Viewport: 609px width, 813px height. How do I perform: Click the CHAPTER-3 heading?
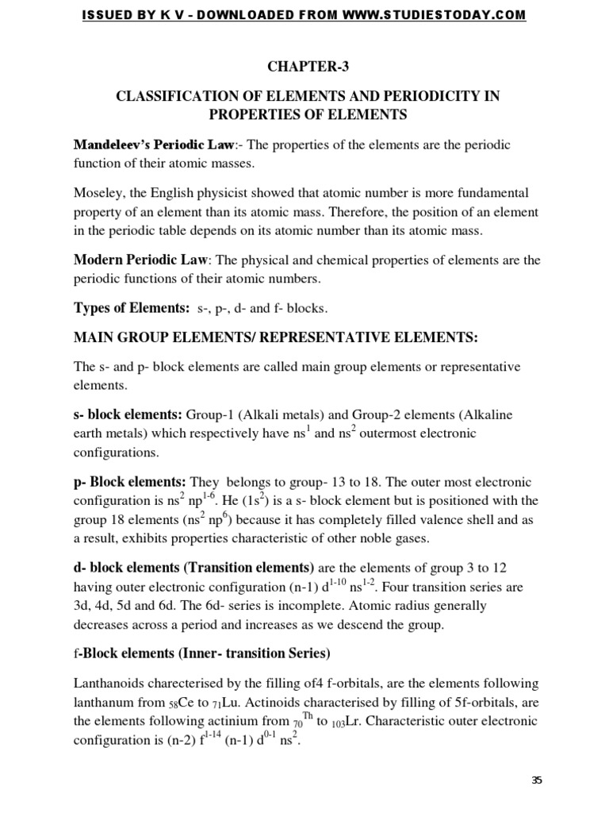pyautogui.click(x=304, y=66)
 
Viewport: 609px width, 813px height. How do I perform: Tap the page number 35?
pyautogui.click(x=537, y=780)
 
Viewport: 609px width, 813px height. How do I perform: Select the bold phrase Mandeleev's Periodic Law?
pyautogui.click(x=154, y=145)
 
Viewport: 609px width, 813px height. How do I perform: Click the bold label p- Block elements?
pyautogui.click(x=130, y=482)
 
